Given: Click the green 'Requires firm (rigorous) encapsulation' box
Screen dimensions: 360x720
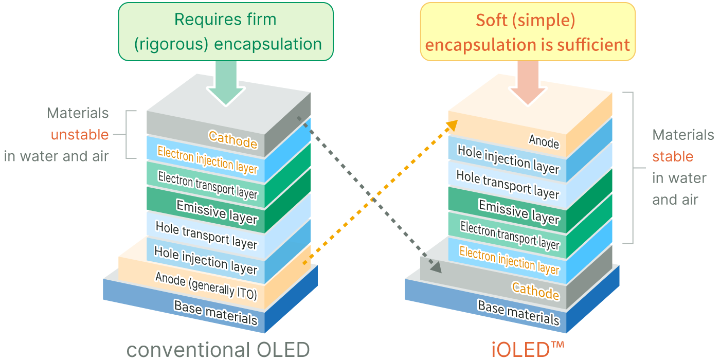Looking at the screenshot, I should coord(226,32).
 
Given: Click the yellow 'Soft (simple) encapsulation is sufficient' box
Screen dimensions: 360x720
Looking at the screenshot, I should coord(528,32).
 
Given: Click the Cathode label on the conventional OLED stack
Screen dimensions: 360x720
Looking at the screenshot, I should coord(232,139).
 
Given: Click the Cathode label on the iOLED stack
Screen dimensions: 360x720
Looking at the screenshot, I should coord(535,291).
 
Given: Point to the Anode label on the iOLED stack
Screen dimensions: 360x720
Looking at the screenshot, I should coord(544,140).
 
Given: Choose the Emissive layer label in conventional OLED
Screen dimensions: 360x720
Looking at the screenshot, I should coord(217,212).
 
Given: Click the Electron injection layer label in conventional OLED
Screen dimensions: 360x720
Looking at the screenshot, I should coord(207,160).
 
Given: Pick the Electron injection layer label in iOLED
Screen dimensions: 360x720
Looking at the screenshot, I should coord(509,260).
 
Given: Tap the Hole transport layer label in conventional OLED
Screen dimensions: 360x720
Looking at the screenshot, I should coord(206,236).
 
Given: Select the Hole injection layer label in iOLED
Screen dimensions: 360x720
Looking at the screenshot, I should coord(508,159).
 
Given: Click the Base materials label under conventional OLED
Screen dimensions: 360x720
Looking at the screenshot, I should coord(215,313).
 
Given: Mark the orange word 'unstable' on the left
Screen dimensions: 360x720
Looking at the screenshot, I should coord(80,135).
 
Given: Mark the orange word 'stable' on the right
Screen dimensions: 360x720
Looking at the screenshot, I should coord(673,156).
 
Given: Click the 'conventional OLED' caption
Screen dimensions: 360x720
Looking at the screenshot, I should coord(218,350).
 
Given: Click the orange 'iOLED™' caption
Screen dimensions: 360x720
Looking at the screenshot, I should coord(528,350).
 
